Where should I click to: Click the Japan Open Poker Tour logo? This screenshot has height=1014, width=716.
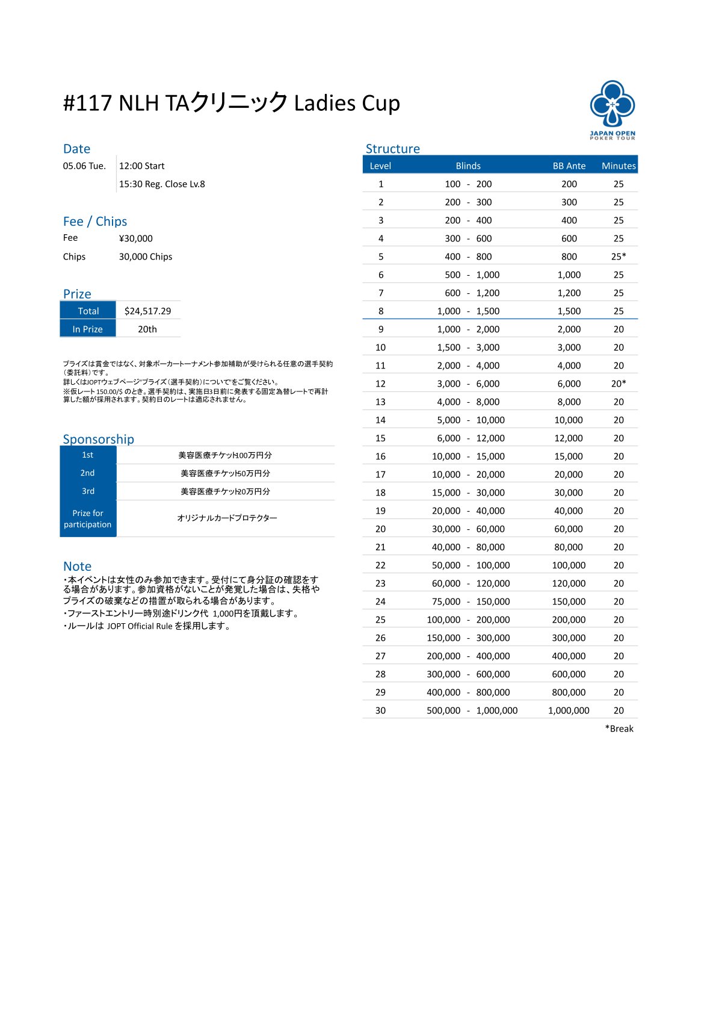pos(612,109)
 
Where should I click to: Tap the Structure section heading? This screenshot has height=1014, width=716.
pos(392,149)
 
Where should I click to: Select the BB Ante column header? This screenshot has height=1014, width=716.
pos(569,166)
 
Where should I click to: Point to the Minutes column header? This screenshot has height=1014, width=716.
pos(618,166)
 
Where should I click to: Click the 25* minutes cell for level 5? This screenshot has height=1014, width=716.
pos(618,257)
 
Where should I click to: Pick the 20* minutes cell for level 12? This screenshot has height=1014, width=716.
pos(618,384)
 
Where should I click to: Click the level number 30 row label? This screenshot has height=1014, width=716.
pos(380,711)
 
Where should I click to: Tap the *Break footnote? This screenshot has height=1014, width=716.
pos(619,729)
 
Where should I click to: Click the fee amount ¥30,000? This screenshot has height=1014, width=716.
pos(135,238)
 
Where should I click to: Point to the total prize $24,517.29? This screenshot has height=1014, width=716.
pos(147,311)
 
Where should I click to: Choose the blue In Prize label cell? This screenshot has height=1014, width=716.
pos(88,329)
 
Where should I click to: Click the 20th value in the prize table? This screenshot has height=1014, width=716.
pos(147,329)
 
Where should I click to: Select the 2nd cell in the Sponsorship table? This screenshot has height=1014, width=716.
pos(88,473)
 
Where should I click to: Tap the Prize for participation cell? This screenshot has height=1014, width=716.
pos(88,518)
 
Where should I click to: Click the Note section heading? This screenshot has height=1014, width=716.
pos(77,566)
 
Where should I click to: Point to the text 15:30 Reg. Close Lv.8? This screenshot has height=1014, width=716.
pos(162,184)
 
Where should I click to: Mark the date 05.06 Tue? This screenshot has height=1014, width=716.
pos(84,166)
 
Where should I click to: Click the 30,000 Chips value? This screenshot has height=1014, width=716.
pos(145,257)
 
